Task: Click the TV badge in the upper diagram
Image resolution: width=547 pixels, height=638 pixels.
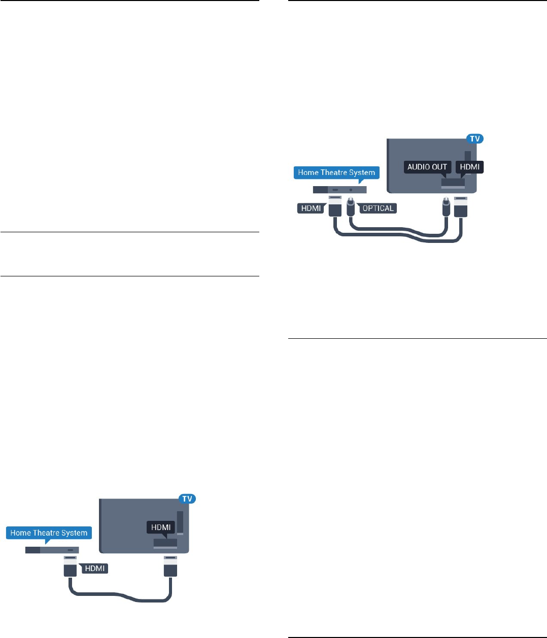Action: pyautogui.click(x=475, y=138)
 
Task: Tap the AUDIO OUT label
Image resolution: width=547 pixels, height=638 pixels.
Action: pyautogui.click(x=427, y=167)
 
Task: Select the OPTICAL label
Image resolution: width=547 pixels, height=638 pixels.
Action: pyautogui.click(x=378, y=208)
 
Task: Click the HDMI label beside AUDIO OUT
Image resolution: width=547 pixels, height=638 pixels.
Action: pyautogui.click(x=470, y=167)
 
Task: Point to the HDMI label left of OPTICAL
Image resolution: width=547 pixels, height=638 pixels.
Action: pyautogui.click(x=311, y=208)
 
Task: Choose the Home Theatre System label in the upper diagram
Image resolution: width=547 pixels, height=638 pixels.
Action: pyautogui.click(x=336, y=172)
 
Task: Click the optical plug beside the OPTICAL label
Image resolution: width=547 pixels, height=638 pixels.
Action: pyautogui.click(x=351, y=207)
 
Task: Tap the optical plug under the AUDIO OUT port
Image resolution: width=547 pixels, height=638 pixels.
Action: pyautogui.click(x=446, y=207)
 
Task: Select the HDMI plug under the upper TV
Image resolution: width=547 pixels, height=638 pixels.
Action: pyautogui.click(x=460, y=206)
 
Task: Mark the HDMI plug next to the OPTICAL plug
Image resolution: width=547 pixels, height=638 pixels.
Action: pyautogui.click(x=335, y=206)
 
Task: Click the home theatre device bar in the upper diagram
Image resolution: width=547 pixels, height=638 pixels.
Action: pyautogui.click(x=339, y=189)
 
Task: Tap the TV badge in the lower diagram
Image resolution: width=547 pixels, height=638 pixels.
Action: pyautogui.click(x=187, y=499)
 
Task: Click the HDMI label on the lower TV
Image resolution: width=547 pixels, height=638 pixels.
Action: pyautogui.click(x=161, y=527)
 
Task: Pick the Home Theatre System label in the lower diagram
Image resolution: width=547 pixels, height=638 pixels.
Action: pyautogui.click(x=49, y=533)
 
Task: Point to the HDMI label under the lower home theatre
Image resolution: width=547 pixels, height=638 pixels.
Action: pyautogui.click(x=95, y=569)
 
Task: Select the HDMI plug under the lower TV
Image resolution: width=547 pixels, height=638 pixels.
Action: pyautogui.click(x=170, y=567)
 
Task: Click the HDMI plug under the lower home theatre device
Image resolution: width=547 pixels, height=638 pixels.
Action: pyautogui.click(x=70, y=567)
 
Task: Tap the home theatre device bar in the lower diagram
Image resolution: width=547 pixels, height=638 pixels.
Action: pyautogui.click(x=52, y=550)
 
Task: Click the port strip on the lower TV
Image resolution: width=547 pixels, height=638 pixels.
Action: pyautogui.click(x=166, y=543)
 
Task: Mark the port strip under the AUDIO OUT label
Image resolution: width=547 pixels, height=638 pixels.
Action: pyautogui.click(x=452, y=182)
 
